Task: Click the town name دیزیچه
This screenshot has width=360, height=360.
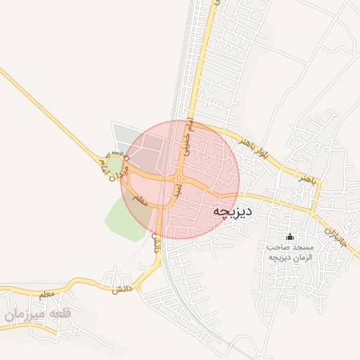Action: [232, 211]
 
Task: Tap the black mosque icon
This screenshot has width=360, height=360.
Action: [291, 237]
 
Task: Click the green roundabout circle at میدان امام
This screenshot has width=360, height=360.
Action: [113, 167]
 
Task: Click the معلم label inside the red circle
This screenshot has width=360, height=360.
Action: [139, 200]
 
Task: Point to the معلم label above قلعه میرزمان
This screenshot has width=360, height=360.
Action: [47, 292]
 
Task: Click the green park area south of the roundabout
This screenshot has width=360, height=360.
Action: [127, 218]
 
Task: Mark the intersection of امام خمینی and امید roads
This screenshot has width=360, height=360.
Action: [179, 176]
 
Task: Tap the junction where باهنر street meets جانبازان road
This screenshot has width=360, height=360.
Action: [313, 208]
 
